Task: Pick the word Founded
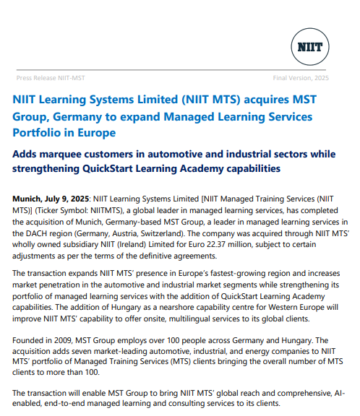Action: pos(30,342)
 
